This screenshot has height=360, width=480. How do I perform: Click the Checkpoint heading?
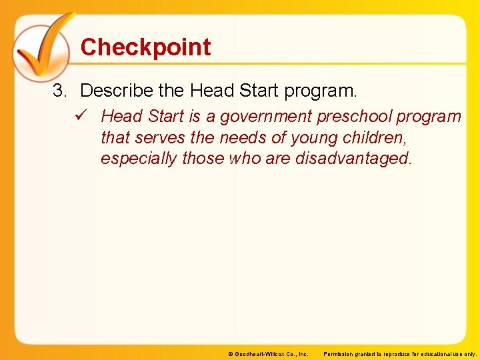[145, 47]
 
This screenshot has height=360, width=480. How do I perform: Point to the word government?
[265, 117]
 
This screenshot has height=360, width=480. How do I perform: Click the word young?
[310, 138]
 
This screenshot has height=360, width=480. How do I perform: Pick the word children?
[375, 138]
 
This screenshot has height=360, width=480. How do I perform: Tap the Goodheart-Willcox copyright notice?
[268, 354]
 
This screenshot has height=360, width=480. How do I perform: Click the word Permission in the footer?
[341, 354]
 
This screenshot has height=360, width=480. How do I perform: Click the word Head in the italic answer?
[121, 117]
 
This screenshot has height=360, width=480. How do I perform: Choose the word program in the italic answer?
[428, 117]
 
